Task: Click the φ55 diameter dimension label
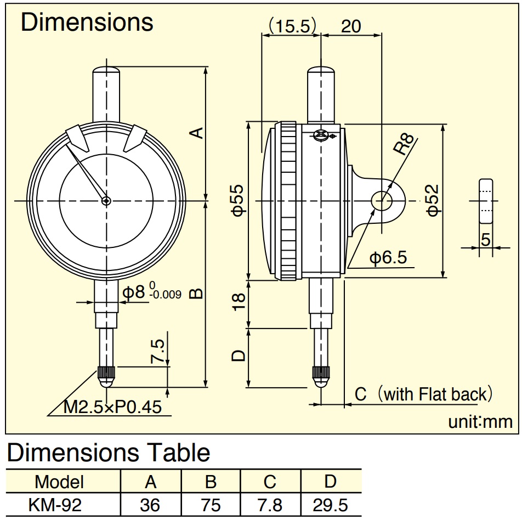click(238, 201)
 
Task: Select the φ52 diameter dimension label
click(433, 200)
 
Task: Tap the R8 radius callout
click(404, 144)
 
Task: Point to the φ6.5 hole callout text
click(388, 257)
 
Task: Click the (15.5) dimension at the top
click(292, 26)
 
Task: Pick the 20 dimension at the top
click(351, 26)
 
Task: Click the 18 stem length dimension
click(239, 302)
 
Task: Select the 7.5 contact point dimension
click(157, 351)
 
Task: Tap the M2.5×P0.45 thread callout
click(112, 407)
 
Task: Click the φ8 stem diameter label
click(134, 292)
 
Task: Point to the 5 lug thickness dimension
click(486, 240)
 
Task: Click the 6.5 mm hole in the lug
click(382, 201)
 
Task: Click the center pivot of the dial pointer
click(106, 201)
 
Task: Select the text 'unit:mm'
click(480, 422)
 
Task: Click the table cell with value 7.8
click(270, 505)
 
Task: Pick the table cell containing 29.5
click(331, 505)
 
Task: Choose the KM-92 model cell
click(55, 505)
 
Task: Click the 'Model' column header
click(59, 482)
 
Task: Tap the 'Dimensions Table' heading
click(109, 453)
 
